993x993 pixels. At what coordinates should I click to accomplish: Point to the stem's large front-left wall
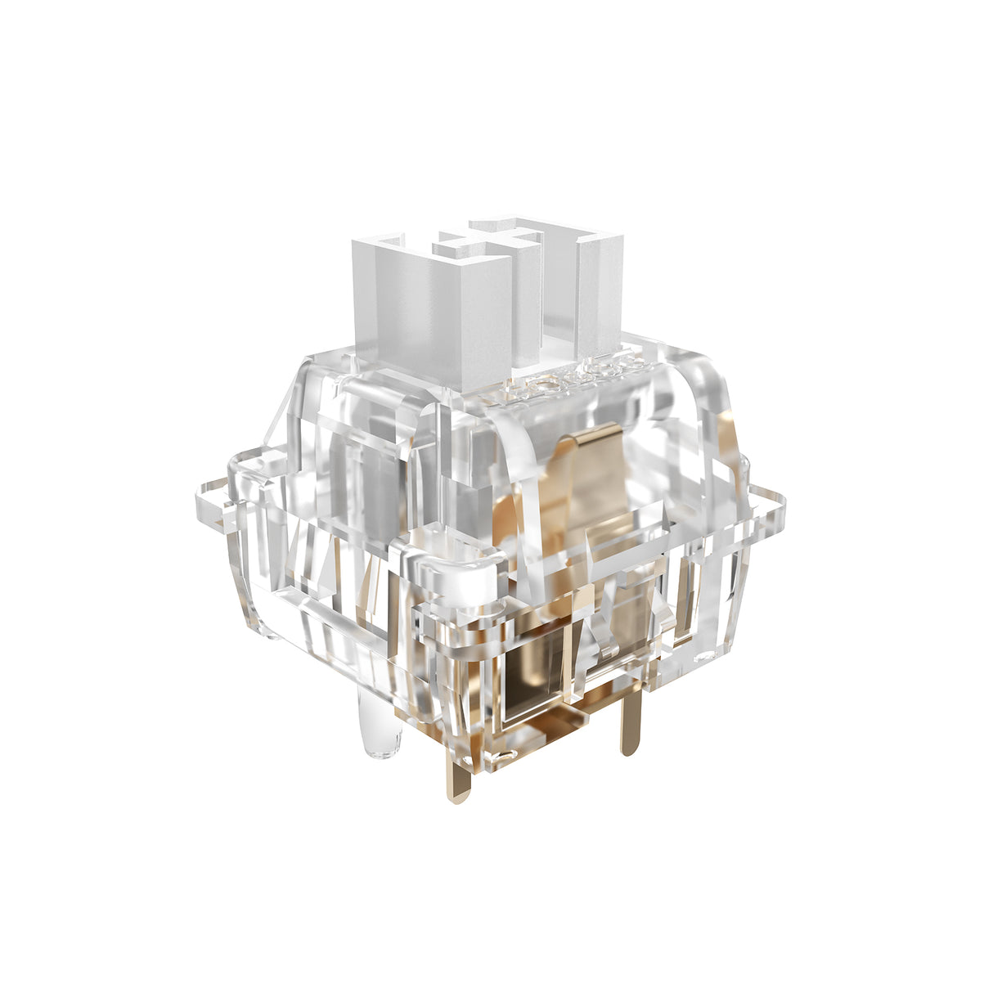point(409,311)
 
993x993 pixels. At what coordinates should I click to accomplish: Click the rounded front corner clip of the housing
point(458,564)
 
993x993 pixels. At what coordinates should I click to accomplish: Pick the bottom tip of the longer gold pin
point(461,798)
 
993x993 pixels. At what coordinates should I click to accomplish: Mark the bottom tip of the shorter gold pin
point(628,748)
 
